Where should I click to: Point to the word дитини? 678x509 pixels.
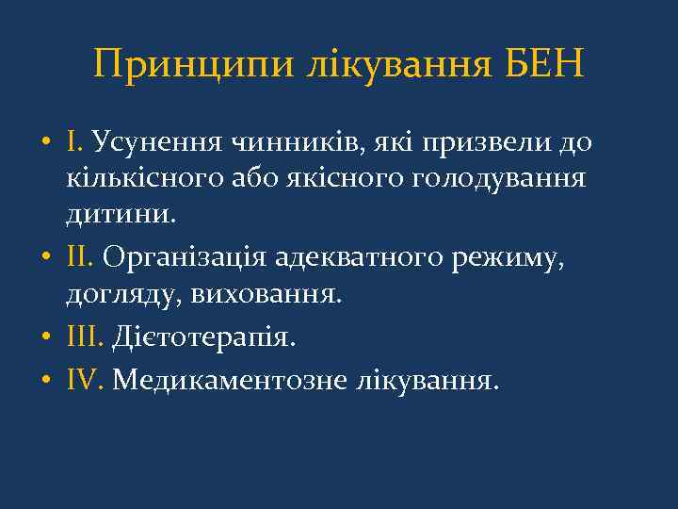(120, 215)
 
